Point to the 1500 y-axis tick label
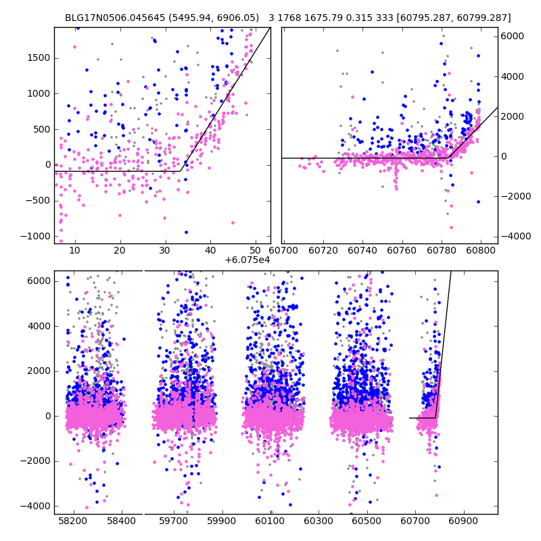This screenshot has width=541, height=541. pyautogui.click(x=37, y=58)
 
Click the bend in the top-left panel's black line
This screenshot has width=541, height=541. pyautogui.click(x=184, y=171)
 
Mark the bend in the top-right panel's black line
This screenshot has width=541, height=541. pyautogui.click(x=449, y=158)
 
